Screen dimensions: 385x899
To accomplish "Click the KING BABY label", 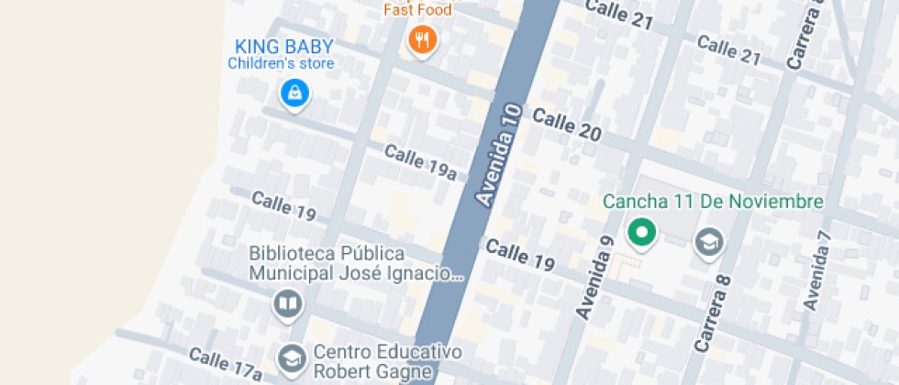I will pos(283,47).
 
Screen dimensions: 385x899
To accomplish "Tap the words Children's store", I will pos(281,64).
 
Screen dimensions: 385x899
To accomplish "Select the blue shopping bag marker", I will pos(294,92).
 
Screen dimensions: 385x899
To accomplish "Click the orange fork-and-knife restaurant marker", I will pos(422,38).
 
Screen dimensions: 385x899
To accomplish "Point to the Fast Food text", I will pos(417,11).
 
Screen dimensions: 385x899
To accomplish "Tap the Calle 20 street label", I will pos(567,126).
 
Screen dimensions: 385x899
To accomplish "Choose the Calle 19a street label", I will pos(420,161).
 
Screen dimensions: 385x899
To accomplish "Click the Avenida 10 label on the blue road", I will pos(499,154).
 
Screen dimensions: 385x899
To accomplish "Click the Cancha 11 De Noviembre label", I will pos(713,202).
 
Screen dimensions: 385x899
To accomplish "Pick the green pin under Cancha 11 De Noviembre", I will pos(642,233).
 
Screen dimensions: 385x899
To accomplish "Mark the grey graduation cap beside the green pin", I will pos(709,242).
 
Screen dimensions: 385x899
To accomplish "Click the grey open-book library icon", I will pos(288,303).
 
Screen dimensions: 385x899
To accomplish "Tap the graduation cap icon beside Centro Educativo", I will pos(292,358).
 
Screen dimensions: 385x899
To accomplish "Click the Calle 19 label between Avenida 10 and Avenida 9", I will pos(520,255).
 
